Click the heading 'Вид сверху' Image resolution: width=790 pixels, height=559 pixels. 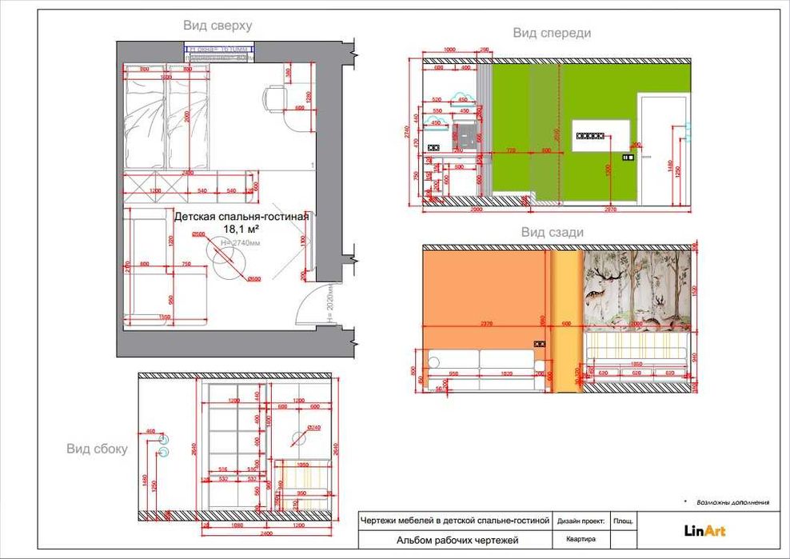coord(217,26)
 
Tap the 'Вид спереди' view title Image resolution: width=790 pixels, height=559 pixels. coord(552,33)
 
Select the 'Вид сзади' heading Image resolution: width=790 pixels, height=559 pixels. coord(552,232)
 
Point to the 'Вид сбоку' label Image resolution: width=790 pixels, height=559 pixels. coord(97,449)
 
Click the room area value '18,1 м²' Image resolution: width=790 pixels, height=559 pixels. coord(241,229)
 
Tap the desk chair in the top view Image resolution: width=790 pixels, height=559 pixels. coord(274,100)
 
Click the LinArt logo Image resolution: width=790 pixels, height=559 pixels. coord(704,529)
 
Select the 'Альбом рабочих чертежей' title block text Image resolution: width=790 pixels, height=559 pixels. coord(457,541)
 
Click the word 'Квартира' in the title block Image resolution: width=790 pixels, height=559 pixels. coord(581,539)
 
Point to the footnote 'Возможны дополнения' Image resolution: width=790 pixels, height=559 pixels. coord(732,503)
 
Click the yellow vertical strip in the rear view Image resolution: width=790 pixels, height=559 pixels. coord(565,320)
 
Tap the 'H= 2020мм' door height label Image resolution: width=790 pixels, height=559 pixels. coord(329,305)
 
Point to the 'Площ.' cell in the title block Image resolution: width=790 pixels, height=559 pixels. coord(623,521)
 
